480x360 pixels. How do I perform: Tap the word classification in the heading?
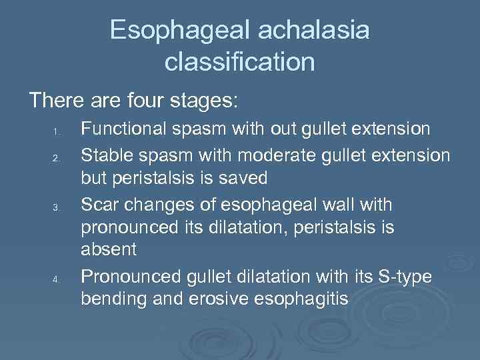click(240, 61)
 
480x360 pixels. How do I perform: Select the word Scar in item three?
click(99, 203)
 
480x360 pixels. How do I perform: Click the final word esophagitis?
click(302, 299)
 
